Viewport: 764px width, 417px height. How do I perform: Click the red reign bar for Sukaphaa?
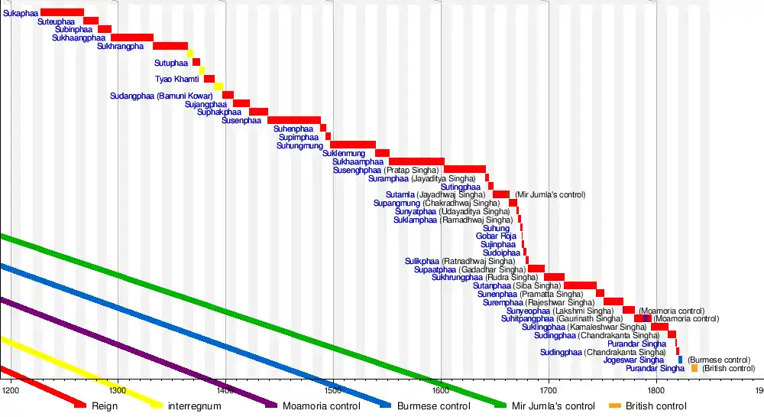point(62,12)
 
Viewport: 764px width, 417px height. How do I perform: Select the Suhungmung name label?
point(299,145)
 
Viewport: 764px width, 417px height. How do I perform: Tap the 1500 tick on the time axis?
point(333,389)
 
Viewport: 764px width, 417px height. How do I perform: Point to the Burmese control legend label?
point(433,406)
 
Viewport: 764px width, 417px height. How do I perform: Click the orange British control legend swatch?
point(614,406)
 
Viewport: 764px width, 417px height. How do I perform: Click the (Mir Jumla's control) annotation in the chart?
point(550,195)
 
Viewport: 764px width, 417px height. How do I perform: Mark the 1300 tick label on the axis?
point(118,389)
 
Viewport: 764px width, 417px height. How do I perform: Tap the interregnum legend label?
point(194,406)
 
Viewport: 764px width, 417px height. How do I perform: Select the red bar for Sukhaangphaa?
point(132,37)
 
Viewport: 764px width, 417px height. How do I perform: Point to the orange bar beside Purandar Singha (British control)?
point(694,368)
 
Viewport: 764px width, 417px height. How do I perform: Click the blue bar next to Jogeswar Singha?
point(680,360)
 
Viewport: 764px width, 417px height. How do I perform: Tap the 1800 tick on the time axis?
point(656,389)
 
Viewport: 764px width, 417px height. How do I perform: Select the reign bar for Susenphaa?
point(293,120)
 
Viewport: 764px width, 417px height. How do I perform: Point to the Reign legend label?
point(105,406)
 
